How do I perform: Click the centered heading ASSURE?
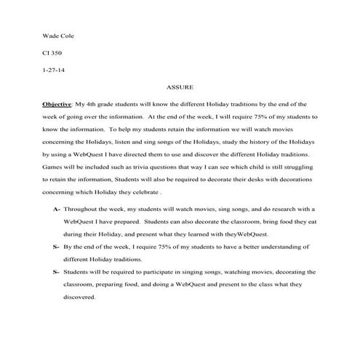point(180,87)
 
